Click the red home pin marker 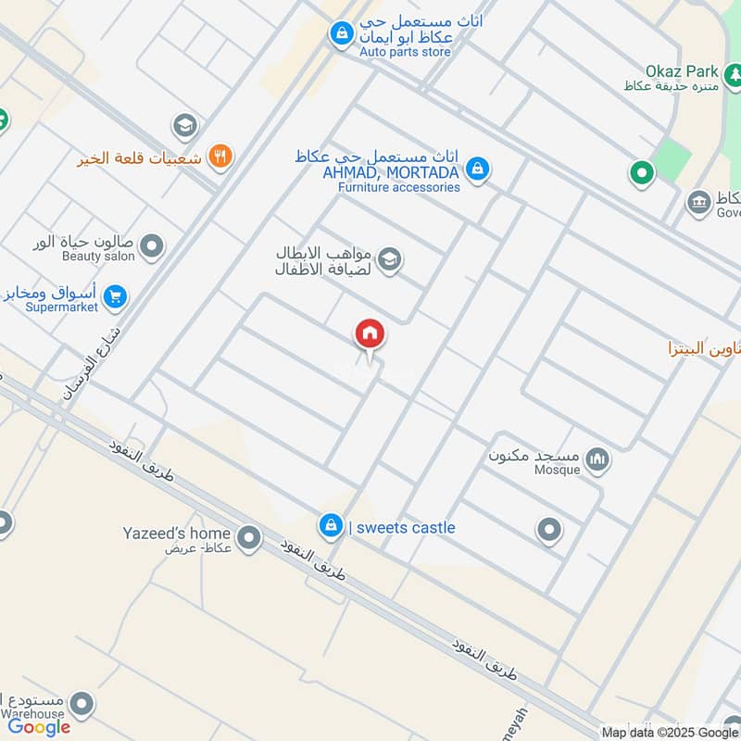pos(370,334)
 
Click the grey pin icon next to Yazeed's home pos(248,536)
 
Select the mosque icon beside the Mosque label pos(598,459)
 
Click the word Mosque pos(558,470)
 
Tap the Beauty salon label pos(98,256)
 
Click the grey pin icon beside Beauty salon pos(153,247)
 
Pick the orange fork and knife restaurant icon pos(220,156)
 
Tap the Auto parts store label pos(406,52)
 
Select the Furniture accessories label pos(398,186)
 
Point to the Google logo pos(40,726)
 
